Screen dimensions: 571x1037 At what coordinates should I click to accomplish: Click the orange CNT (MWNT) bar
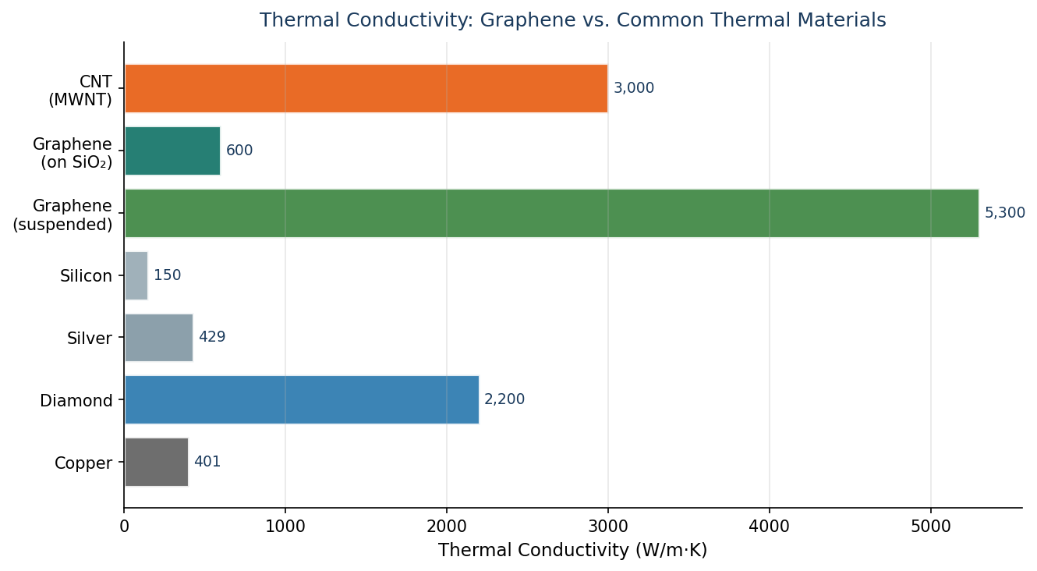pyautogui.click(x=366, y=88)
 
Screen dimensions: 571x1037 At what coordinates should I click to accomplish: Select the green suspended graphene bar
pyautogui.click(x=551, y=213)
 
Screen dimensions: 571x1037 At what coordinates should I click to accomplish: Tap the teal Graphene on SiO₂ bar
pyautogui.click(x=172, y=151)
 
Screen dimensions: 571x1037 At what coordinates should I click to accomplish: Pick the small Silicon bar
pyautogui.click(x=136, y=275)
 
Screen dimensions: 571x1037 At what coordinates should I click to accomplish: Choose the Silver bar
pyautogui.click(x=159, y=338)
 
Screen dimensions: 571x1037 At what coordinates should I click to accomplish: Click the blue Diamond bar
pyautogui.click(x=302, y=400)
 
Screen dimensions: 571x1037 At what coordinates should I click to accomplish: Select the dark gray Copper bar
pyautogui.click(x=157, y=462)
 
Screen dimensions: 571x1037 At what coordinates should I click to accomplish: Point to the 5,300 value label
pyautogui.click(x=1004, y=213)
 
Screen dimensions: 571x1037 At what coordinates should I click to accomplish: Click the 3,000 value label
pyautogui.click(x=633, y=88)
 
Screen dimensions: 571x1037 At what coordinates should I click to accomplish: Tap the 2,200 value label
pyautogui.click(x=504, y=399)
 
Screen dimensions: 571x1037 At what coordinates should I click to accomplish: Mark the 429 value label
pyautogui.click(x=212, y=337)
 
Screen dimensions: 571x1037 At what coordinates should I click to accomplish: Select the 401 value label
pyautogui.click(x=207, y=462)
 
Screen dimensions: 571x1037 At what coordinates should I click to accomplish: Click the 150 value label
pyautogui.click(x=167, y=275)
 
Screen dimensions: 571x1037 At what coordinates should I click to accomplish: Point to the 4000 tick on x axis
pyautogui.click(x=770, y=526)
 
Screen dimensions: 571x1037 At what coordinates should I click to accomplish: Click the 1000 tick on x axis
pyautogui.click(x=285, y=526)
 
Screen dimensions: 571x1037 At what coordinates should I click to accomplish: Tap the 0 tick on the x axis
pyautogui.click(x=124, y=526)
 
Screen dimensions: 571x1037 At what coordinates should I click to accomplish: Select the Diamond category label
pyautogui.click(x=76, y=401)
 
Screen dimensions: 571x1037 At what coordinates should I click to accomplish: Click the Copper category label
pyautogui.click(x=83, y=463)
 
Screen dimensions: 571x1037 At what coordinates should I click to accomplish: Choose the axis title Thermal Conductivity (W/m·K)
pyautogui.click(x=572, y=551)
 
